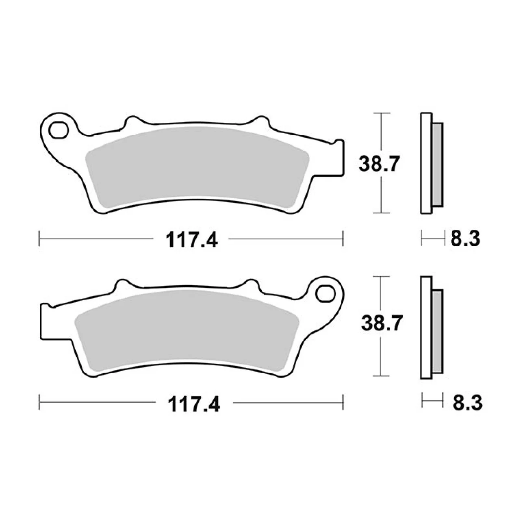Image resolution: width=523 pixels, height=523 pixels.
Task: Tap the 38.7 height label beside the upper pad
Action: tap(379, 164)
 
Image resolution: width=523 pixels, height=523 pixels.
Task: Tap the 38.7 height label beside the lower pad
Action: tap(382, 323)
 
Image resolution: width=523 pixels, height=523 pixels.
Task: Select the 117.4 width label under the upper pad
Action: tap(192, 240)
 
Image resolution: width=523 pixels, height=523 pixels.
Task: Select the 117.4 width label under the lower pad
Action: tap(194, 405)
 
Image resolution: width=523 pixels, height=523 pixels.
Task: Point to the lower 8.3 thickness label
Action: tap(467, 403)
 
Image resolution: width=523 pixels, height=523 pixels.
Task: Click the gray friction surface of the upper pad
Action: tap(197, 165)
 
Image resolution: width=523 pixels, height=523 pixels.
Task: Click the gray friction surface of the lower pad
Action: tap(187, 329)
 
